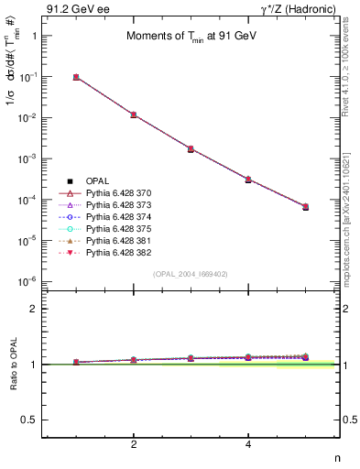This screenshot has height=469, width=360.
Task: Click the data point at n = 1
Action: pyautogui.click(x=76, y=77)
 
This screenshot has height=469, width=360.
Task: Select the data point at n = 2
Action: pyautogui.click(x=134, y=115)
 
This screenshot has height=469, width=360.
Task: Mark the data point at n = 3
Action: pyautogui.click(x=191, y=148)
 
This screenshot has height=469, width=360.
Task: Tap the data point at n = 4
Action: pyautogui.click(x=248, y=180)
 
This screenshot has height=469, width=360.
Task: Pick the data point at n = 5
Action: pyautogui.click(x=305, y=207)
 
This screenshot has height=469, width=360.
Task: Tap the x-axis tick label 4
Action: pyautogui.click(x=248, y=444)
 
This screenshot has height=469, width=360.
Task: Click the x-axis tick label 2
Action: pyautogui.click(x=134, y=444)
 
